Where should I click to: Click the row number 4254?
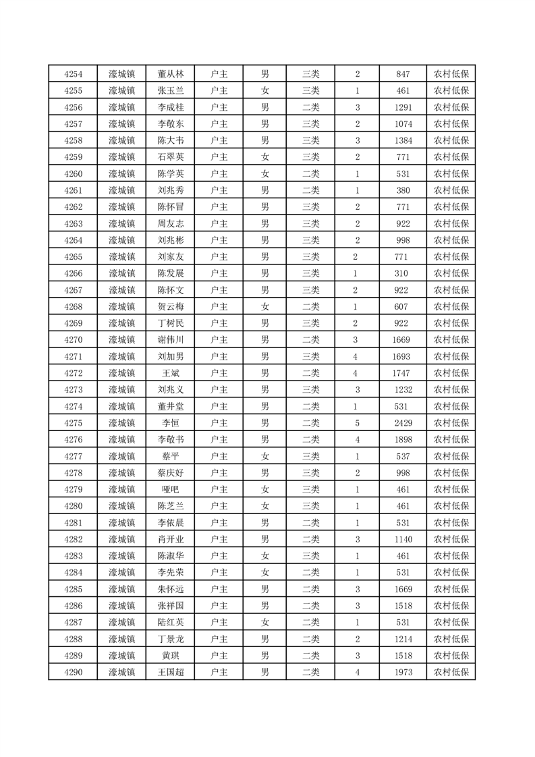click(x=73, y=74)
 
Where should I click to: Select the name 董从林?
click(x=170, y=74)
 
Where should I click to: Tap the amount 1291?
click(x=403, y=107)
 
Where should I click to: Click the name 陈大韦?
click(x=170, y=140)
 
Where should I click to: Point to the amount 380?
click(x=403, y=190)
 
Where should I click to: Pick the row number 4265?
click(x=73, y=256)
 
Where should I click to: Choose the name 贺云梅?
click(x=170, y=306)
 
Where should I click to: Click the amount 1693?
click(x=403, y=356)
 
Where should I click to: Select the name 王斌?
click(x=170, y=373)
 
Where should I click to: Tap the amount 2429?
click(x=403, y=423)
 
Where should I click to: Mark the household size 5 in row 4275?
click(x=356, y=423)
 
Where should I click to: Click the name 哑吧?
click(x=170, y=489)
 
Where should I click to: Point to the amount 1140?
click(x=403, y=539)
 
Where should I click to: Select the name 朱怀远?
click(x=170, y=589)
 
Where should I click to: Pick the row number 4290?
click(x=73, y=672)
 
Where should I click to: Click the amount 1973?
click(x=403, y=672)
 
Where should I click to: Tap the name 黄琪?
click(x=170, y=656)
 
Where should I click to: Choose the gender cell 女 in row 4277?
click(x=265, y=456)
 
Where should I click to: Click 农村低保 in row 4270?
click(x=451, y=340)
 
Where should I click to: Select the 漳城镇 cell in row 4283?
click(x=121, y=556)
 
